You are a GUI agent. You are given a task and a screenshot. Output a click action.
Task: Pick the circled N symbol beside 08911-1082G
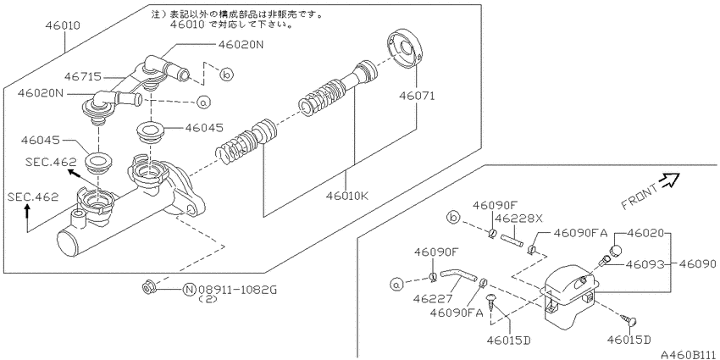click(190, 290)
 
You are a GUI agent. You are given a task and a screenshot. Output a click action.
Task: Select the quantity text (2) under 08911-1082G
click(208, 300)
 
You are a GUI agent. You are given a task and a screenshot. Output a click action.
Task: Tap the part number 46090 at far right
click(699, 264)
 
